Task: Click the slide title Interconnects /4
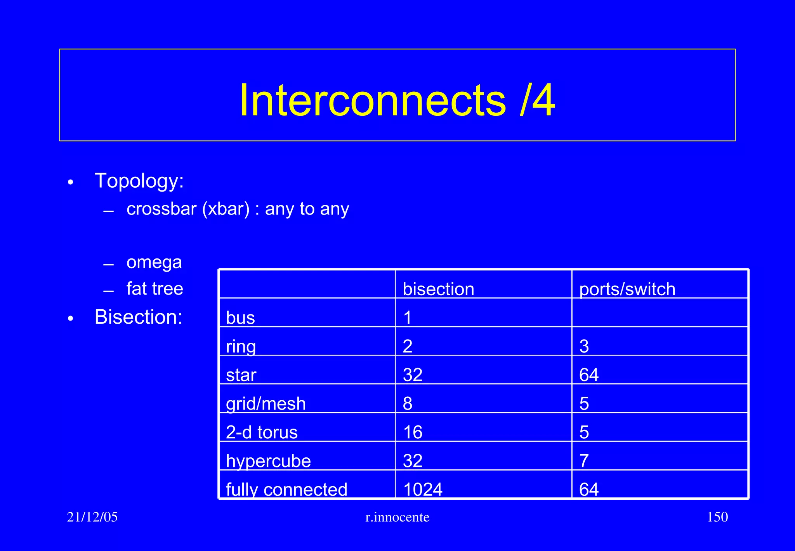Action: pyautogui.click(x=397, y=100)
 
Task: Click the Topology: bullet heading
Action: pyautogui.click(x=139, y=181)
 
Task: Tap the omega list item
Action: pyautogui.click(x=154, y=262)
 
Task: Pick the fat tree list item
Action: pyautogui.click(x=154, y=289)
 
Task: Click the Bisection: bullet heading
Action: pyautogui.click(x=138, y=317)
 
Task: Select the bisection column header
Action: pyautogui.click(x=438, y=289)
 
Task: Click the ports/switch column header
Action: pyautogui.click(x=627, y=289)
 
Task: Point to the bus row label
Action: pyautogui.click(x=240, y=318)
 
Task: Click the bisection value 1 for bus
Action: pyautogui.click(x=407, y=318)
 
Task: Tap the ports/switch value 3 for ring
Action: pyautogui.click(x=584, y=346)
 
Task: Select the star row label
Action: pyautogui.click(x=241, y=375)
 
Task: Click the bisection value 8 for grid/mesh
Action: pyautogui.click(x=407, y=404)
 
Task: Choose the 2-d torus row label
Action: pyautogui.click(x=262, y=432)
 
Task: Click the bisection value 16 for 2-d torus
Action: pyautogui.click(x=412, y=432)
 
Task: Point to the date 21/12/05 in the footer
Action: pyautogui.click(x=92, y=517)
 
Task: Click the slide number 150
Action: pyautogui.click(x=717, y=517)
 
